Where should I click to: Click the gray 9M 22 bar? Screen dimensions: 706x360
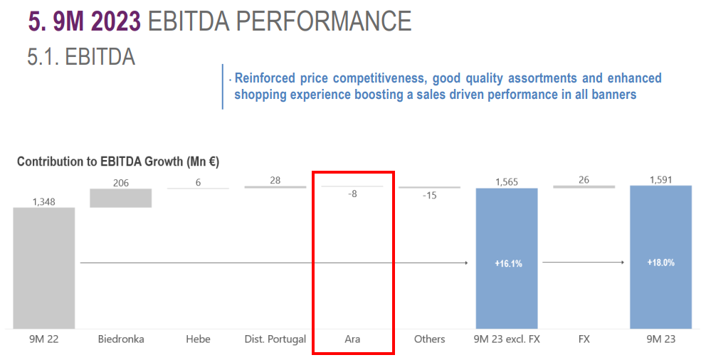pyautogui.click(x=43, y=268)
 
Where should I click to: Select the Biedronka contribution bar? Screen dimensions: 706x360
pyautogui.click(x=121, y=198)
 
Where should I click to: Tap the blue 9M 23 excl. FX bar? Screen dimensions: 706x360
pyautogui.click(x=507, y=258)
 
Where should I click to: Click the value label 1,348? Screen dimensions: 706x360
pyautogui.click(x=43, y=201)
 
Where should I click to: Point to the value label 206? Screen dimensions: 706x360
pyautogui.click(x=121, y=183)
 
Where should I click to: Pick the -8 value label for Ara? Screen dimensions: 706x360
pyautogui.click(x=352, y=194)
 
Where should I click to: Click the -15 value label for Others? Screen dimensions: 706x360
pyautogui.click(x=430, y=196)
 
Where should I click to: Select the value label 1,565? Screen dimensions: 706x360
pyautogui.click(x=507, y=182)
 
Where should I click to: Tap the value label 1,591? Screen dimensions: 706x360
pyautogui.click(x=660, y=180)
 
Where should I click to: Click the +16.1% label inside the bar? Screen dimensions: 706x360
pyautogui.click(x=508, y=263)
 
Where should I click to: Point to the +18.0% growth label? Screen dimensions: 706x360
pyautogui.click(x=661, y=263)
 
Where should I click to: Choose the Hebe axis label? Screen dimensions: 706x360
pyautogui.click(x=198, y=339)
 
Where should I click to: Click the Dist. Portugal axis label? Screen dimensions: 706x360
pyautogui.click(x=275, y=339)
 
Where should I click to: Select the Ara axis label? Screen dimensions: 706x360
pyautogui.click(x=352, y=339)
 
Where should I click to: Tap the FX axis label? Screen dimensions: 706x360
pyautogui.click(x=584, y=339)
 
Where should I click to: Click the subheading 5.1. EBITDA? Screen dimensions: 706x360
pyautogui.click(x=81, y=57)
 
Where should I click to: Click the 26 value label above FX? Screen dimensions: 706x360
pyautogui.click(x=584, y=180)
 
